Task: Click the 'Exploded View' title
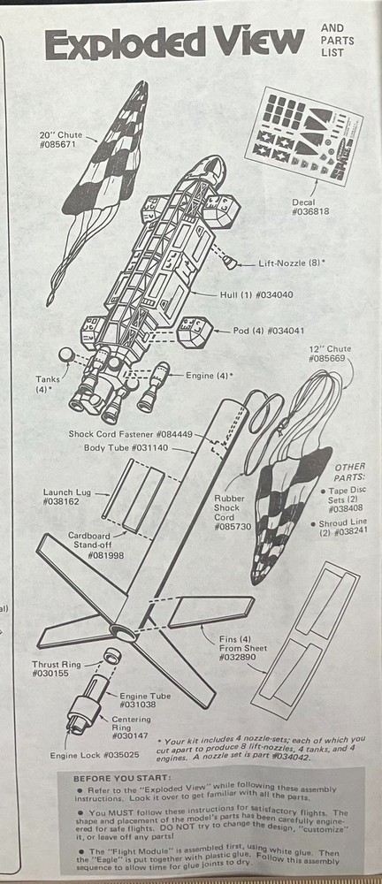click(x=174, y=42)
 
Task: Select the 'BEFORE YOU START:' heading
click(x=110, y=778)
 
